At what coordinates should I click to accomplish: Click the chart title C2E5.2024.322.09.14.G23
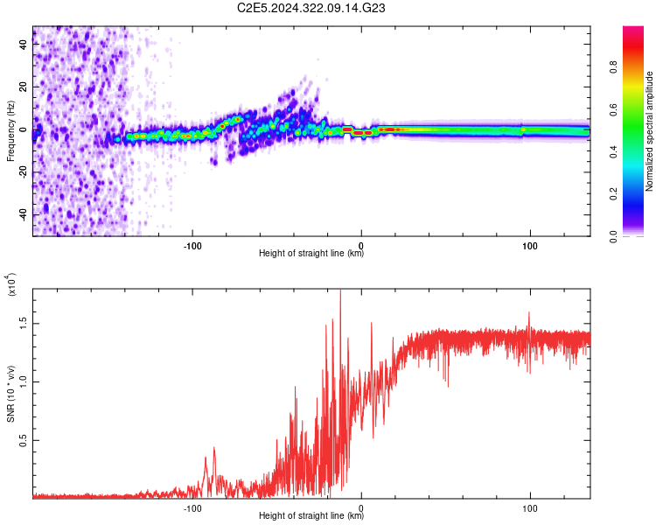pyautogui.click(x=311, y=9)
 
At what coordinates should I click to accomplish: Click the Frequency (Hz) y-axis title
pyautogui.click(x=11, y=131)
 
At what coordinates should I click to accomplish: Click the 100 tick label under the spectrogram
pyautogui.click(x=529, y=245)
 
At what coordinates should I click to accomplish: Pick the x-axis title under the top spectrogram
pyautogui.click(x=311, y=254)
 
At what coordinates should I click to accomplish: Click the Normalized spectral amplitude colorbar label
pyautogui.click(x=649, y=131)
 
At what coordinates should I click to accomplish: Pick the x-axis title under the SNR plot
pyautogui.click(x=311, y=516)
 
